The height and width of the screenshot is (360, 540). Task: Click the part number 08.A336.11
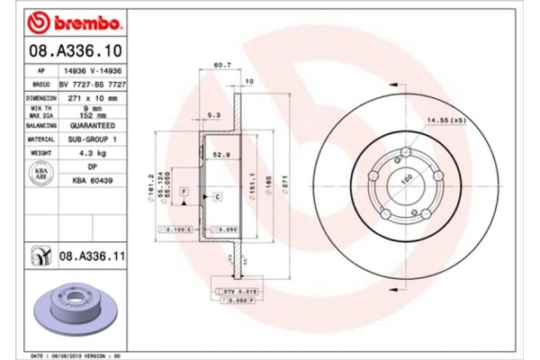pyautogui.click(x=90, y=257)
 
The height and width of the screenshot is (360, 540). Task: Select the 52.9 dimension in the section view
pyautogui.click(x=220, y=154)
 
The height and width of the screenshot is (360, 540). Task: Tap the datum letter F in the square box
pyautogui.click(x=183, y=193)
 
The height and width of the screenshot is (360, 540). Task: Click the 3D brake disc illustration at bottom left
pyautogui.click(x=76, y=310)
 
